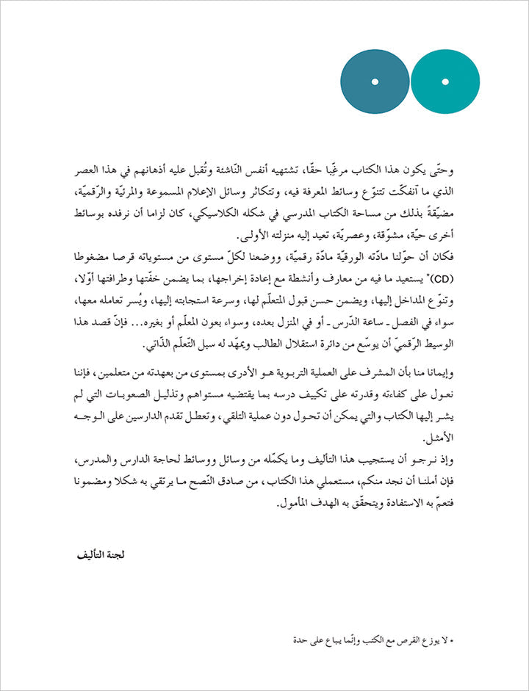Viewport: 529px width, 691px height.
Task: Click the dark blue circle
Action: [x=375, y=81]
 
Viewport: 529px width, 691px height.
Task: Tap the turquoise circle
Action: [x=445, y=81]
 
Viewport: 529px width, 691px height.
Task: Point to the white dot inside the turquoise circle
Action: [x=445, y=81]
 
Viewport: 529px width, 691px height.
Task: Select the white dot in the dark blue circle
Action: [x=375, y=81]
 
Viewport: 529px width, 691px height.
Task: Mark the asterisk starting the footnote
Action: [x=453, y=641]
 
